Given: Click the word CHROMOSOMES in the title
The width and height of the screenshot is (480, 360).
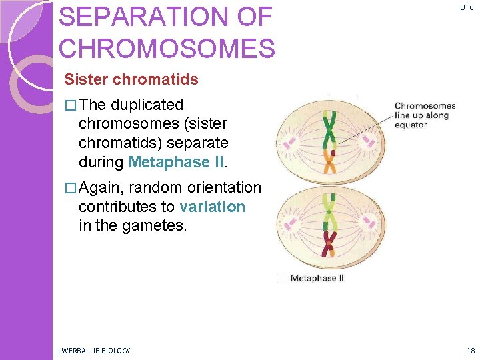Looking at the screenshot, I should click(167, 49).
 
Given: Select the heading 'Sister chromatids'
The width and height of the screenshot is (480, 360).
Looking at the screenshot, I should click(131, 79).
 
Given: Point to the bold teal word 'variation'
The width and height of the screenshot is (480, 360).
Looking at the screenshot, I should click(212, 207).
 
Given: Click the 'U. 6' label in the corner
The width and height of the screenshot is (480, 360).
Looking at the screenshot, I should click(466, 7).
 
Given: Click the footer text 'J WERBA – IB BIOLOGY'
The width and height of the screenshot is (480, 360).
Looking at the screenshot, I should click(94, 351).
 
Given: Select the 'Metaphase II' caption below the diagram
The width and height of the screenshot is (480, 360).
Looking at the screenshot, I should click(317, 278).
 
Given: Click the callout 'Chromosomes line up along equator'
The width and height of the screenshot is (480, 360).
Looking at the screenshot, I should click(425, 115).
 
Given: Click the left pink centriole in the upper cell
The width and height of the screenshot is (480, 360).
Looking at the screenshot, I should click(290, 142).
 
